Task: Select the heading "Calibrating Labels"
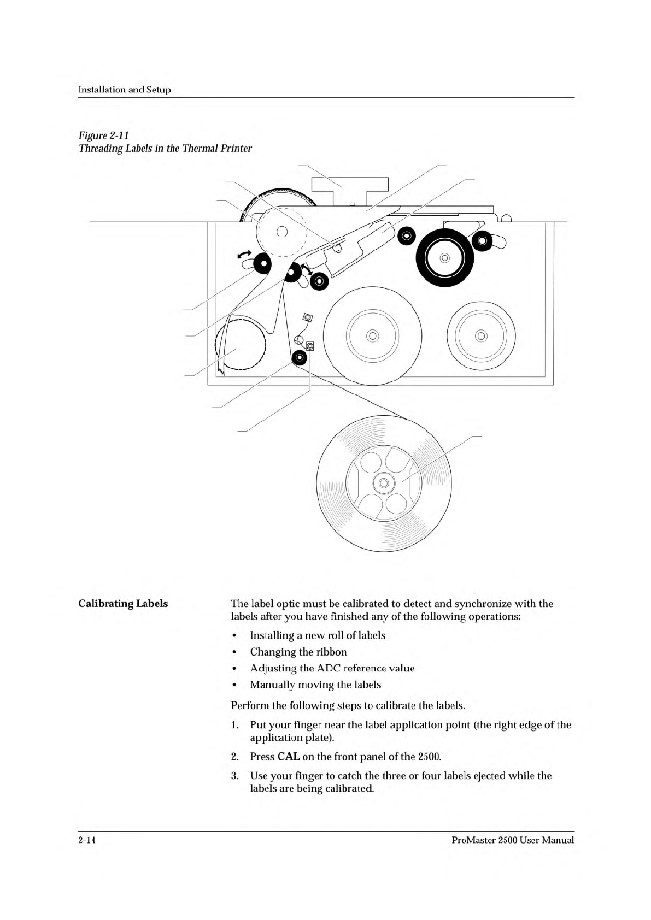[123, 604]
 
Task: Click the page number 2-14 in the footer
[87, 840]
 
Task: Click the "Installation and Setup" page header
[125, 90]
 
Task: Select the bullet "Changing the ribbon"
[298, 652]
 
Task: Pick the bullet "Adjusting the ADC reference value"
[332, 668]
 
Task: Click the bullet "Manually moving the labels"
[315, 685]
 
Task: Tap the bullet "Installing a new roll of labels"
[317, 635]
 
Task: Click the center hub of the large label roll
[384, 483]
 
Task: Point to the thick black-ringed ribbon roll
[444, 257]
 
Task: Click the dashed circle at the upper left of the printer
[281, 231]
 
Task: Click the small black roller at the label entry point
[299, 358]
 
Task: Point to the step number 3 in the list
[234, 776]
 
